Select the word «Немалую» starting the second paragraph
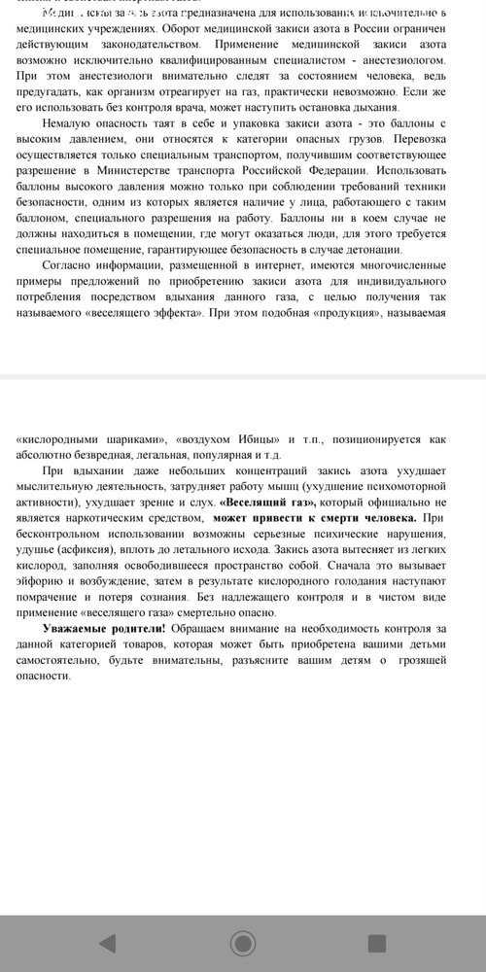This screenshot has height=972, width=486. [x=73, y=123]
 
